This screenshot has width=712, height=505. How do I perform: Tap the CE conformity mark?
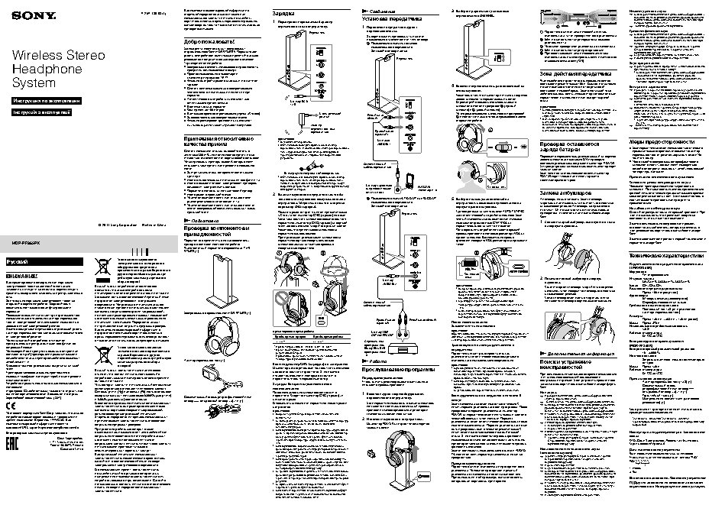pyautogui.click(x=11, y=405)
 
